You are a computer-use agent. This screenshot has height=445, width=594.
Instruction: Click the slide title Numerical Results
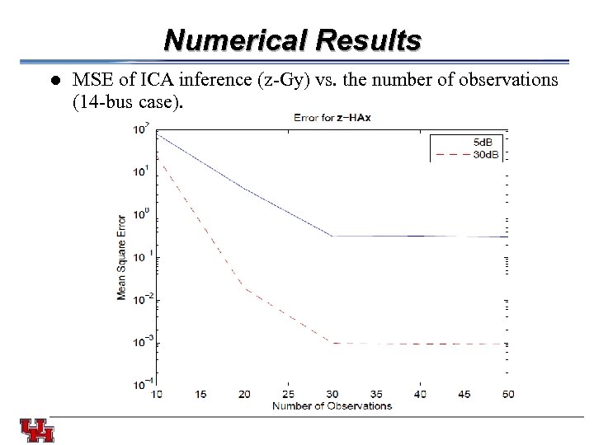pos(293,40)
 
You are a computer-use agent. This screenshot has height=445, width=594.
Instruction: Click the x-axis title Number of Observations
pos(332,405)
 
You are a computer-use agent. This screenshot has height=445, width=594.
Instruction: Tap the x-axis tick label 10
pos(158,394)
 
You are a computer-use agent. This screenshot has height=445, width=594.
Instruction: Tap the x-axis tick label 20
pos(244,394)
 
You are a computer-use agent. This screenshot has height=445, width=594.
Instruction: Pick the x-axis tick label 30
pos(332,394)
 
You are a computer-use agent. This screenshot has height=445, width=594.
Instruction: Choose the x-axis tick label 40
pos(419,394)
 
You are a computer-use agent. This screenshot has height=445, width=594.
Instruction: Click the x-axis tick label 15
pos(200,394)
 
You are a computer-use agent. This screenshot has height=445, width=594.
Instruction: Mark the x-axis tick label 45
pos(463,394)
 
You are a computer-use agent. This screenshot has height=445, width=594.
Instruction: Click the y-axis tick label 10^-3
pos(142,340)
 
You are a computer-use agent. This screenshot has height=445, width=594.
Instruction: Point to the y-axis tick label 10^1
pos(142,171)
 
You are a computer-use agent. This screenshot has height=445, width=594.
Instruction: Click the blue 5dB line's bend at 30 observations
pos(332,236)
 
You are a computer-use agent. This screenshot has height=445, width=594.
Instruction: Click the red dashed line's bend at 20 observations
pos(244,288)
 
